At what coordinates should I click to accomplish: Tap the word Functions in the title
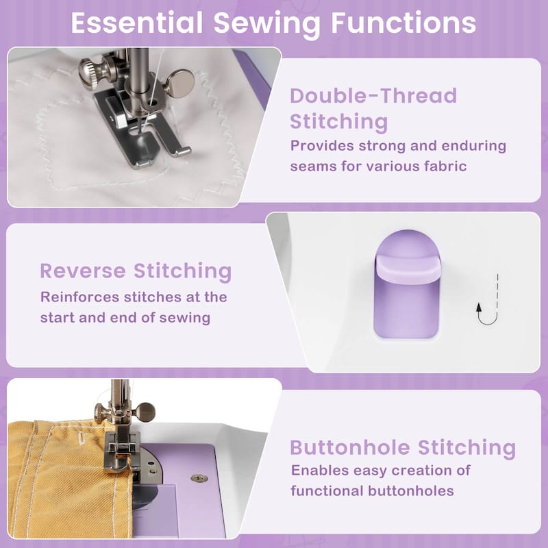pyautogui.click(x=403, y=23)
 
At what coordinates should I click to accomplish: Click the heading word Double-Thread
pyautogui.click(x=373, y=95)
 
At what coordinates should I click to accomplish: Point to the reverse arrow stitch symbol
pyautogui.click(x=488, y=301)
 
